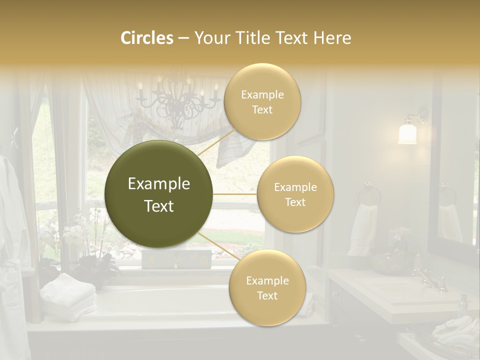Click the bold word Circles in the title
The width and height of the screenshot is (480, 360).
146,38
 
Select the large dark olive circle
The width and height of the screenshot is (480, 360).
159,194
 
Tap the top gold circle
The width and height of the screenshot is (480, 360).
262,102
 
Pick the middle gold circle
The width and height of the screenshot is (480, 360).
295,194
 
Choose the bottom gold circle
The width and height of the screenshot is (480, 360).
267,288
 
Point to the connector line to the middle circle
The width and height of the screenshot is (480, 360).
235,194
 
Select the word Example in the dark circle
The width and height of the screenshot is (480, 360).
159,184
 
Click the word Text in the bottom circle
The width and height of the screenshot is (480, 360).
267,295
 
